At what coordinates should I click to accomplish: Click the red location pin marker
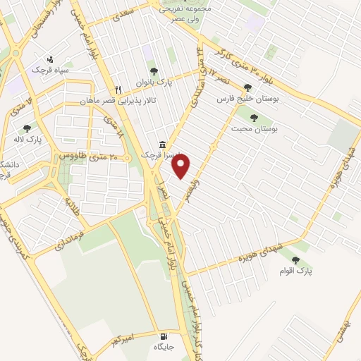pyautogui.click(x=182, y=166)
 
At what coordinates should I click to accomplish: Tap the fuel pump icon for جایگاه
pyautogui.click(x=164, y=336)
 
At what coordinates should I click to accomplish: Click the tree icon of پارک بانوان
pyautogui.click(x=154, y=71)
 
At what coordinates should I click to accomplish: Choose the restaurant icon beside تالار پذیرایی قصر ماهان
pyautogui.click(x=118, y=90)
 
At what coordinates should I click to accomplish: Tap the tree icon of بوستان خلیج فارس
pyautogui.click(x=247, y=88)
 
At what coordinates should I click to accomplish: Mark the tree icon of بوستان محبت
pyautogui.click(x=253, y=118)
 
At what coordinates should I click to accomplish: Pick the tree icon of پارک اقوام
pyautogui.click(x=296, y=261)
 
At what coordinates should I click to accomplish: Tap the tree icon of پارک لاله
pyautogui.click(x=27, y=128)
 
